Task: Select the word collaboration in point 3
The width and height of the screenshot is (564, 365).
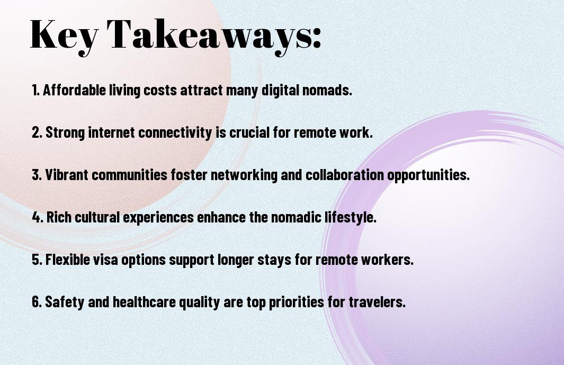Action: click(345, 175)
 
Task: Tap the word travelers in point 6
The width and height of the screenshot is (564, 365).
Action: click(377, 301)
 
